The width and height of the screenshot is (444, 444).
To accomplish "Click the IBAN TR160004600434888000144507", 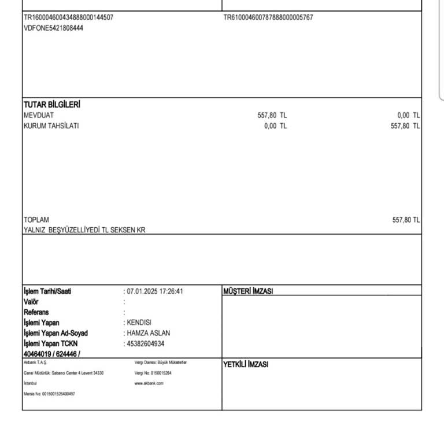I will pos(68,17).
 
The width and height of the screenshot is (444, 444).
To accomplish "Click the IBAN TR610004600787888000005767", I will pos(268,17).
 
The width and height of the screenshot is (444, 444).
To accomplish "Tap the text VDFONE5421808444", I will pos(53,27).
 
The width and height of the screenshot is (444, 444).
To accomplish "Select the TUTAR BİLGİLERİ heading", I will pos(51,105).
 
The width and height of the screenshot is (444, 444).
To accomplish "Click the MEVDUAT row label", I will pos(39,115).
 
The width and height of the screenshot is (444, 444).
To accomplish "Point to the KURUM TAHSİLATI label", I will pos(51,125).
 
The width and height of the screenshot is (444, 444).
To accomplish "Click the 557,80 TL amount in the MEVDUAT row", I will pos(272,115).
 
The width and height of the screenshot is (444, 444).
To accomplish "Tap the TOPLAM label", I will pos(36,220).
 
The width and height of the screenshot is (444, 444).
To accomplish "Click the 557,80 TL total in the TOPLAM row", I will pos(406,220).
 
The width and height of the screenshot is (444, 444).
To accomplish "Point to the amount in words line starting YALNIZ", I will pos(84,230).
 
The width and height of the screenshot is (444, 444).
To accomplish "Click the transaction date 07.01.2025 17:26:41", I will pos(155,291).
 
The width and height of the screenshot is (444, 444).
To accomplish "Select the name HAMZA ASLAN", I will pos(149,333).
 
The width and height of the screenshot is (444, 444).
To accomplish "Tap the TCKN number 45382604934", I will pos(148,343).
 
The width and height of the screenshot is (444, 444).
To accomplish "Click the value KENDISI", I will pos(139,323).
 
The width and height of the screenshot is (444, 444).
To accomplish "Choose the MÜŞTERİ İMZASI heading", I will pos(248,291).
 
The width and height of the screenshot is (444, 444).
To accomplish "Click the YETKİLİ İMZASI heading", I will pos(246,364).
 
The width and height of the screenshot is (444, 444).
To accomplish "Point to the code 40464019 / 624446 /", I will pos(52,354).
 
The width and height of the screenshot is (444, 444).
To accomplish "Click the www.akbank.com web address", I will pos(149,383).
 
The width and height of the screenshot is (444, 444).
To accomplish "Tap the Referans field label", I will pos(36,312).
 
